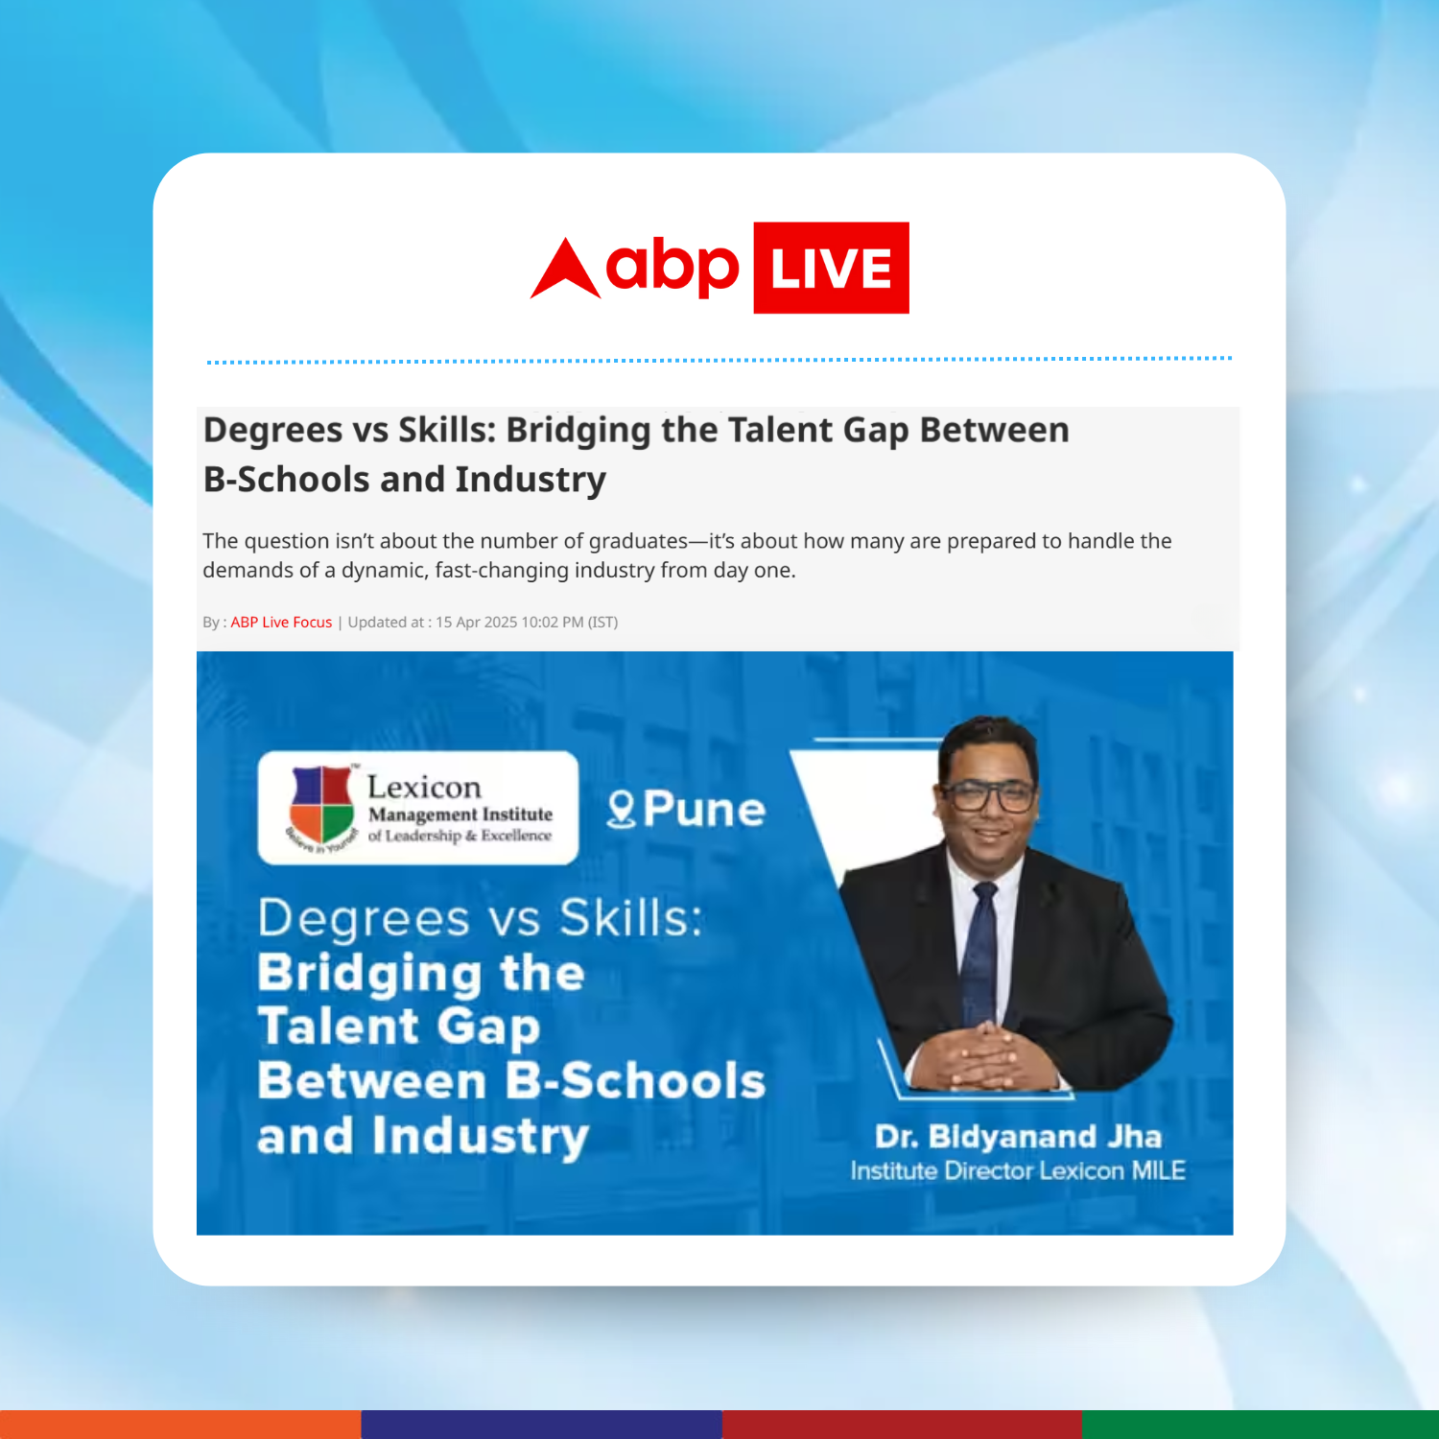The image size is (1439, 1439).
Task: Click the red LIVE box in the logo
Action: point(831,268)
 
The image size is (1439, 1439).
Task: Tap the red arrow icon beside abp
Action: point(566,269)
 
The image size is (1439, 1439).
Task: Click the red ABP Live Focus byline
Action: point(281,623)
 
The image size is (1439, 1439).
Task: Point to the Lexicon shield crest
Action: point(322,805)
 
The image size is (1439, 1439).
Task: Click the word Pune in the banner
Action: point(704,810)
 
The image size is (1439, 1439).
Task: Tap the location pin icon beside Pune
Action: point(622,810)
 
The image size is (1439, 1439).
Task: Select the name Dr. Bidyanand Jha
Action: point(1018,1137)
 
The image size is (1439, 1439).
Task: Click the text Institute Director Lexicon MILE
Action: point(1018,1171)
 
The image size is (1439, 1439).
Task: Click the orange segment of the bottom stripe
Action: point(180,1425)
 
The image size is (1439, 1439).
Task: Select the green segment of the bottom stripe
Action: point(1261,1425)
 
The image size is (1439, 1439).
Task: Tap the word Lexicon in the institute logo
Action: point(424,788)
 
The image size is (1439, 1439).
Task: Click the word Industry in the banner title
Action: point(480,1137)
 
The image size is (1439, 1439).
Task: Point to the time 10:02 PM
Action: point(553,623)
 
